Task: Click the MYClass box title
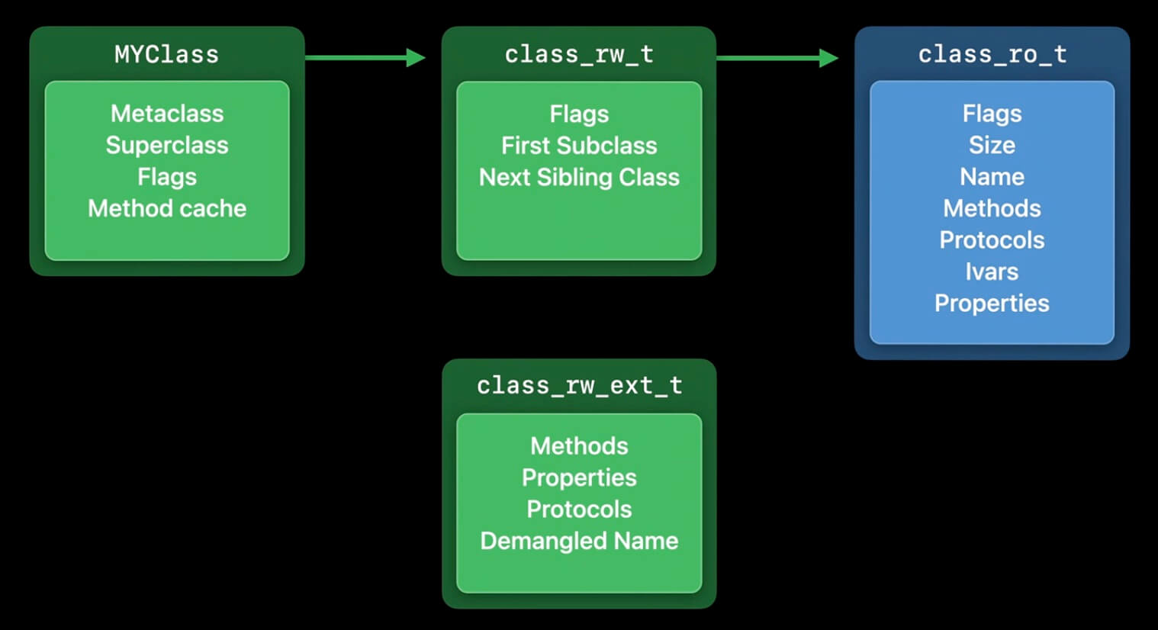click(166, 54)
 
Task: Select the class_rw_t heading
click(578, 54)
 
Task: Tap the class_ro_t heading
click(992, 54)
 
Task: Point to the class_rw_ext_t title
click(579, 386)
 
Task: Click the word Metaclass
click(167, 114)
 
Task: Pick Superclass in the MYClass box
click(167, 145)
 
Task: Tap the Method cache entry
click(167, 208)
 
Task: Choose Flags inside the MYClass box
click(167, 177)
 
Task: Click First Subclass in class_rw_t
click(579, 145)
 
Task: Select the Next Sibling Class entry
click(579, 177)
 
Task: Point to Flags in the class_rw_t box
click(579, 114)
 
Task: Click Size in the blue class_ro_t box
click(992, 145)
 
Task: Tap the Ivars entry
click(992, 272)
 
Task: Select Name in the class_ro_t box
click(992, 177)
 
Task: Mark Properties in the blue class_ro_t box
click(992, 303)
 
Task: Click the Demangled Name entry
click(579, 541)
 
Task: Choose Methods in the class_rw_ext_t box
click(579, 445)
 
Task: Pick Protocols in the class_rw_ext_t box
click(579, 509)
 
